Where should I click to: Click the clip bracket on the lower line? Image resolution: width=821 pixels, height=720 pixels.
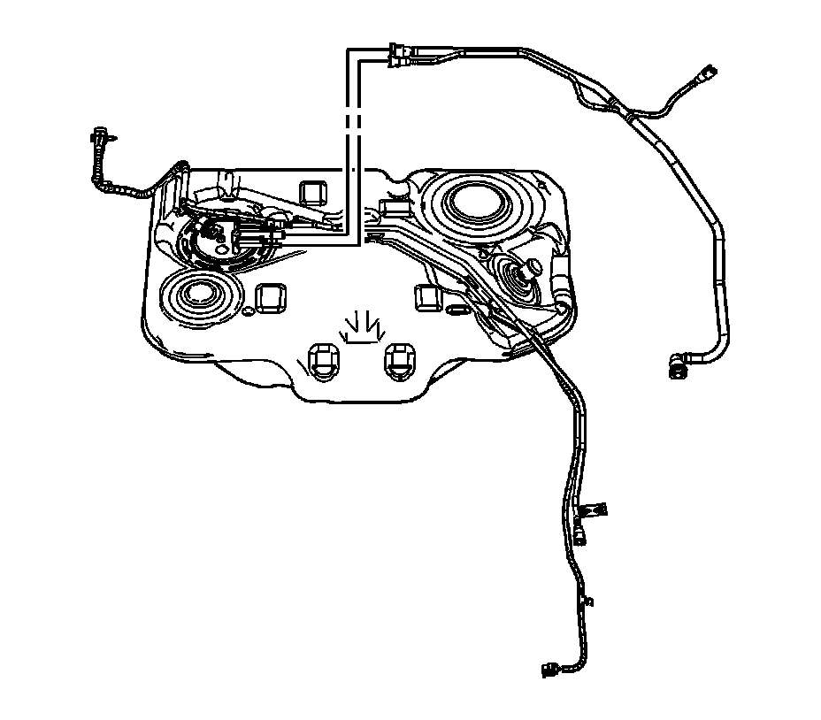coord(590,510)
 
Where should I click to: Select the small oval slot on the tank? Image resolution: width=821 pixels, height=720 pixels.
coord(457,310)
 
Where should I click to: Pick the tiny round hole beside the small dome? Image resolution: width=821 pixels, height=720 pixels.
coord(249,312)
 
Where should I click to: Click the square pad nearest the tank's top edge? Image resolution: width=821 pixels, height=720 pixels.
coord(312,191)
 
